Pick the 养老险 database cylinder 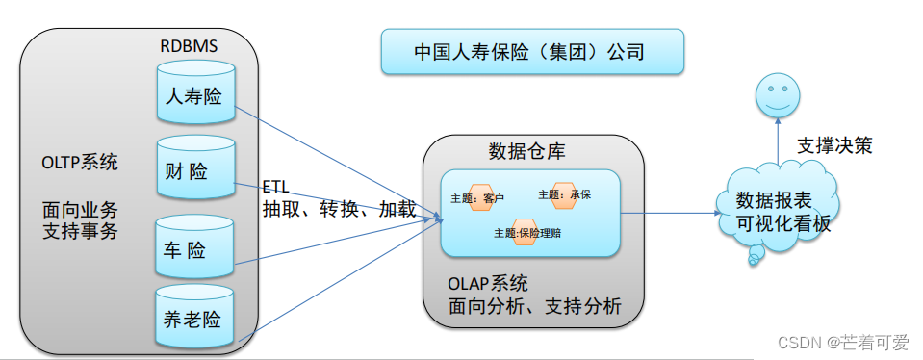click(195, 315)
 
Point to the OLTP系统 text click(80, 162)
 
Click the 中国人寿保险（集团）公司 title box click(531, 52)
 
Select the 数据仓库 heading click(527, 151)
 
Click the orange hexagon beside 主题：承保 click(563, 194)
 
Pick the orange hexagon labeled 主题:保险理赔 click(526, 232)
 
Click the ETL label click(275, 186)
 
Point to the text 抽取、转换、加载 click(339, 208)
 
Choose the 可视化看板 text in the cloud click(782, 223)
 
